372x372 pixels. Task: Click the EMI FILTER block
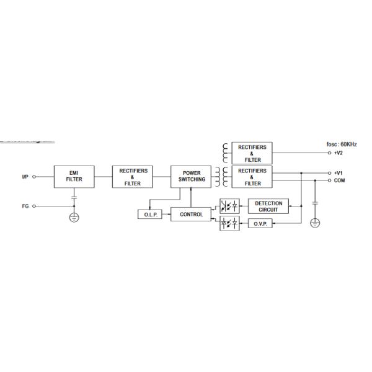tap(74, 176)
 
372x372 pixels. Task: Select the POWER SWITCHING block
tap(191, 176)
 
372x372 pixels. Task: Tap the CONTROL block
tap(191, 215)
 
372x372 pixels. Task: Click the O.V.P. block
tap(260, 224)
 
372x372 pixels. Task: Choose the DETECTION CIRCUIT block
tap(268, 206)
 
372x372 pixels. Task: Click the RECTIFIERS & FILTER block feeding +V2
tap(252, 153)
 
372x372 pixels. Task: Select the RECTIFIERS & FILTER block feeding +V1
tap(252, 176)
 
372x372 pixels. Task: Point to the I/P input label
tap(25, 177)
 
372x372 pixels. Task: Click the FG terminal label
tap(25, 205)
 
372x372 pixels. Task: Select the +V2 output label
tap(339, 153)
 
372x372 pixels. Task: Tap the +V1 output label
tap(339, 173)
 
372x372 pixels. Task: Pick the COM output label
tap(340, 180)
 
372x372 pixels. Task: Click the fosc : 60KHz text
tap(342, 144)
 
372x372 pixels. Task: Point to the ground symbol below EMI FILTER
tap(74, 218)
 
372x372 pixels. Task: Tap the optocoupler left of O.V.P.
tap(229, 224)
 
